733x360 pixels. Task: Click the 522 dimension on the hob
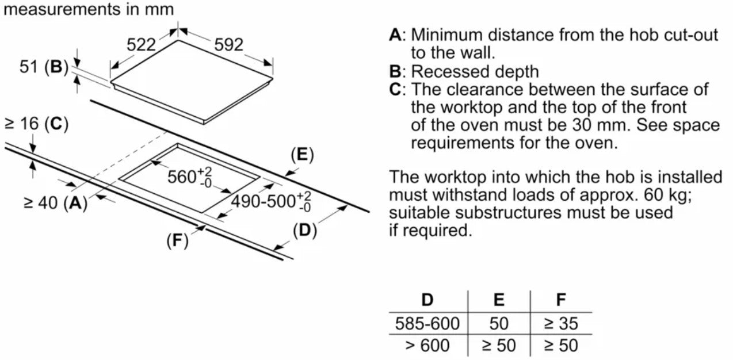[142, 44]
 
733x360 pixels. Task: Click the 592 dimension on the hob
[228, 44]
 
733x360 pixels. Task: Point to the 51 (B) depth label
[44, 67]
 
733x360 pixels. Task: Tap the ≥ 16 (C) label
[36, 124]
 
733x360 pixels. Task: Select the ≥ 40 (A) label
[55, 203]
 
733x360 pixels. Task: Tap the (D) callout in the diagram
[305, 231]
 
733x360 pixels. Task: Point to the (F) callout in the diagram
[177, 241]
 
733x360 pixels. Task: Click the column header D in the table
[427, 300]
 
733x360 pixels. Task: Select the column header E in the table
[499, 300]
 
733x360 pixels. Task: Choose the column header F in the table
[561, 300]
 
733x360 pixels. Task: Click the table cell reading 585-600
[427, 323]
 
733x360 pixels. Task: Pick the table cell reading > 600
[427, 346]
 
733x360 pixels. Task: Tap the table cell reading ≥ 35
[561, 323]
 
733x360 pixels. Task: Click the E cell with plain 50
[499, 323]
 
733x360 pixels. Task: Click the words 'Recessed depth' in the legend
[475, 71]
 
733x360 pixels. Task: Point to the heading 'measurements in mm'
[87, 10]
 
